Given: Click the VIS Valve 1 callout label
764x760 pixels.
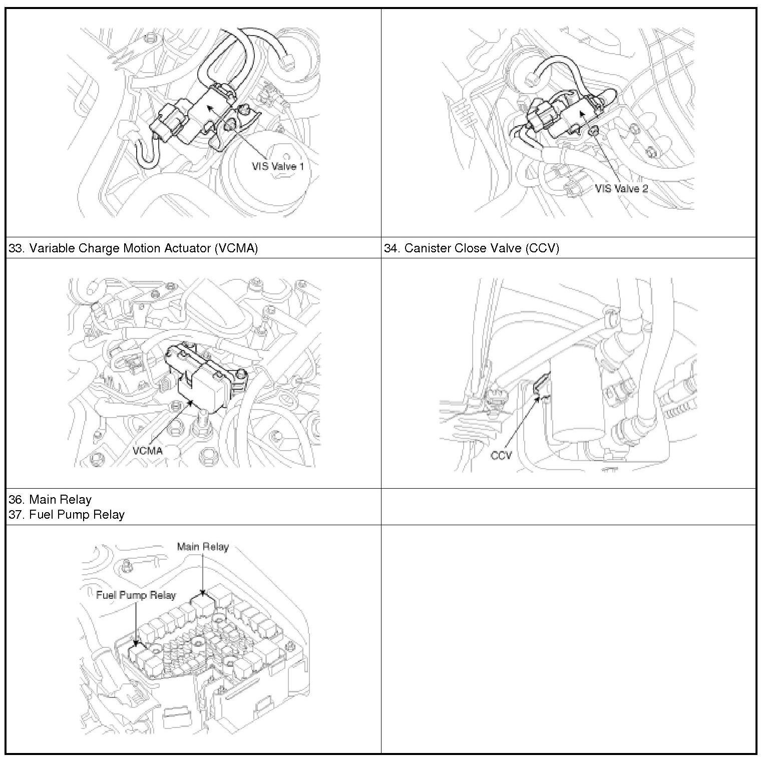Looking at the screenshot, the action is point(278,166).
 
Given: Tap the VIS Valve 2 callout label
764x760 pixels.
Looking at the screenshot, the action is point(621,188).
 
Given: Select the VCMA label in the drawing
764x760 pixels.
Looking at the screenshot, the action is point(148,450).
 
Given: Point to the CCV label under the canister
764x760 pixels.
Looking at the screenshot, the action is point(501,456).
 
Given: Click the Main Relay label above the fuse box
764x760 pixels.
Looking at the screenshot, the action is point(203,547).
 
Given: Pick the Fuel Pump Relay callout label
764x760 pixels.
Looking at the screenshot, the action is point(136,595).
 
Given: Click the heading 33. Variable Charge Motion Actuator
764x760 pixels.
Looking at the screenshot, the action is point(133,248).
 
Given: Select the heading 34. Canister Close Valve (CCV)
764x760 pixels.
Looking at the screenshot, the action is point(471,248).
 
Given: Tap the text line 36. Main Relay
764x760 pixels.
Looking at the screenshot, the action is point(50,499).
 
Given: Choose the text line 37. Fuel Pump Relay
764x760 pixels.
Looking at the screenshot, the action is point(67,514).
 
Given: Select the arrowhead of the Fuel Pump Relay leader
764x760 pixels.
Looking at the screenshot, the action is point(136,642).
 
